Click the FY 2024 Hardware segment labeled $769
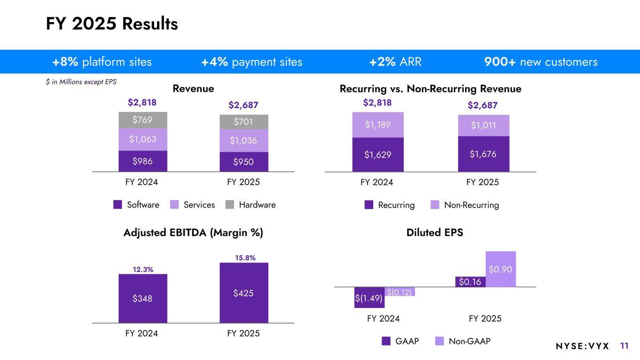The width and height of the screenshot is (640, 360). (143, 120)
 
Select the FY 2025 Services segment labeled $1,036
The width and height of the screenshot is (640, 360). (244, 141)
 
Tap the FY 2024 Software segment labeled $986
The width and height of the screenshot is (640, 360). (143, 161)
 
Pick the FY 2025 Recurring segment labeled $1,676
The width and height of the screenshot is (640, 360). (483, 154)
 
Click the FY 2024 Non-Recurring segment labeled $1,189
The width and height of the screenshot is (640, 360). (377, 125)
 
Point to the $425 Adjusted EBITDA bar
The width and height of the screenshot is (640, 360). (244, 293)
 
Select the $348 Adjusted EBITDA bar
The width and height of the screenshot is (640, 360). (143, 299)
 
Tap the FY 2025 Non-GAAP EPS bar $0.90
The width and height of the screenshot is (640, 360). (501, 269)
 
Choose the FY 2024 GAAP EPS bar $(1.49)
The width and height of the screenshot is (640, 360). (369, 298)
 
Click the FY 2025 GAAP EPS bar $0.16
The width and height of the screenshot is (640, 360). (470, 282)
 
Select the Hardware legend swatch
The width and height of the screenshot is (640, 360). (230, 205)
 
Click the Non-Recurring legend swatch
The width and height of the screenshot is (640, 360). (435, 205)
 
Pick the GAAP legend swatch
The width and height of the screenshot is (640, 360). (386, 341)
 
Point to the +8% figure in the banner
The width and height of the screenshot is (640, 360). (65, 62)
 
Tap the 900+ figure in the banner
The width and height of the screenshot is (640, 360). (499, 62)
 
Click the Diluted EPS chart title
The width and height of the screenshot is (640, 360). (435, 232)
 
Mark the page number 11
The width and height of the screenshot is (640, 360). (624, 346)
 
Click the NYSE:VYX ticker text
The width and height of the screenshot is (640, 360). (582, 346)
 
